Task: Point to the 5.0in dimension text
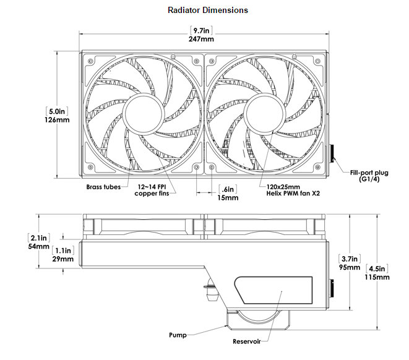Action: click(x=56, y=111)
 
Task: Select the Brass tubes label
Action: click(x=105, y=186)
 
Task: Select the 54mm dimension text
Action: click(x=38, y=246)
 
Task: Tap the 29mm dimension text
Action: click(x=62, y=259)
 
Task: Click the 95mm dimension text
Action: click(x=348, y=267)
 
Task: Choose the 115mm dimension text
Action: click(x=378, y=277)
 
